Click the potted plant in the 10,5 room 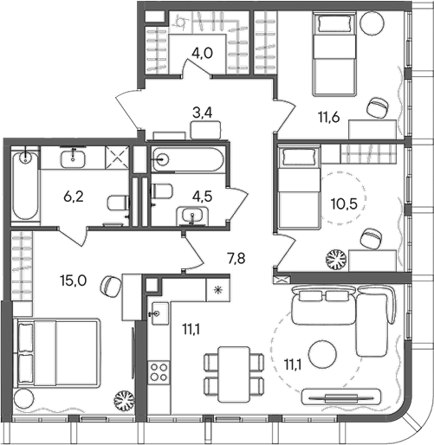pos(335,259)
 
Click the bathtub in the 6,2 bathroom pos(24,185)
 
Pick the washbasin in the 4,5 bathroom pos(188,216)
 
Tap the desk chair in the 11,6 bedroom pos(377,107)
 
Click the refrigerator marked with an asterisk pos(217,291)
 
